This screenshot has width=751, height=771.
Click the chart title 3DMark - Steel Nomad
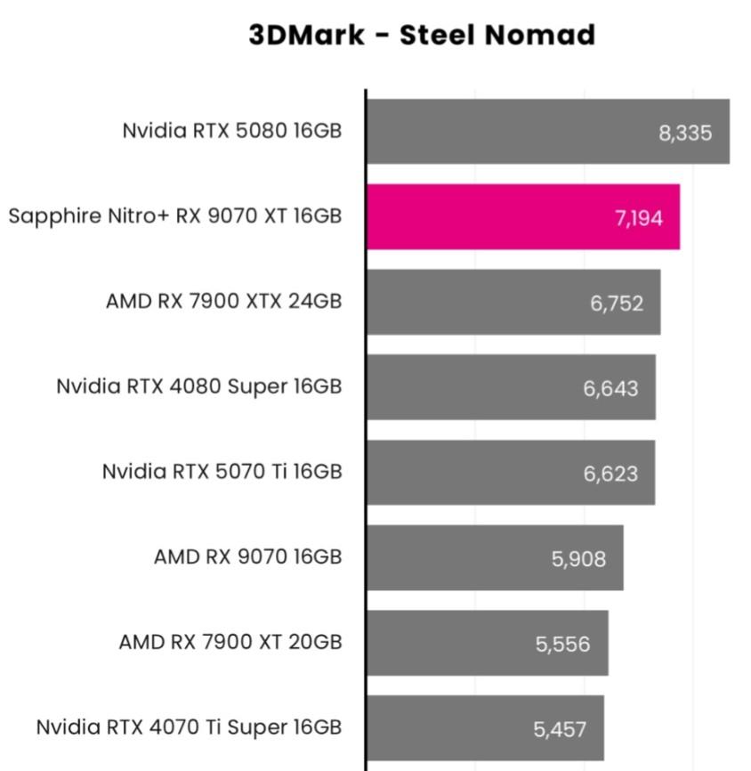tap(422, 36)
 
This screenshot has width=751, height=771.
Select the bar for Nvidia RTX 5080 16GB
tap(534, 132)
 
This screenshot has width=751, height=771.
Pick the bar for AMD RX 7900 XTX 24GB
tap(498, 303)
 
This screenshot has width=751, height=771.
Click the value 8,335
tap(685, 134)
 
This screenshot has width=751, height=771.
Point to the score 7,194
tap(638, 218)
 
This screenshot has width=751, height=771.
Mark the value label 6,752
tap(617, 303)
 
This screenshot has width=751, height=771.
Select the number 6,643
tap(610, 388)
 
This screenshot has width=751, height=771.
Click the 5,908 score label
tap(578, 559)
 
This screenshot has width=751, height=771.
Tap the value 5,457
tap(560, 730)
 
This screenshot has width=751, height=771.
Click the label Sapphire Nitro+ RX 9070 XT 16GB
tap(175, 216)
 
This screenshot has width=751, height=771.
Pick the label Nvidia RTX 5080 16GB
tap(232, 131)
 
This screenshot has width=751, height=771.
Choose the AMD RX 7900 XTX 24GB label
tap(223, 301)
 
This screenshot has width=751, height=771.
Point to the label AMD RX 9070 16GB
tap(247, 557)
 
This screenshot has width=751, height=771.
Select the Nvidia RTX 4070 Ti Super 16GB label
tap(189, 727)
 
